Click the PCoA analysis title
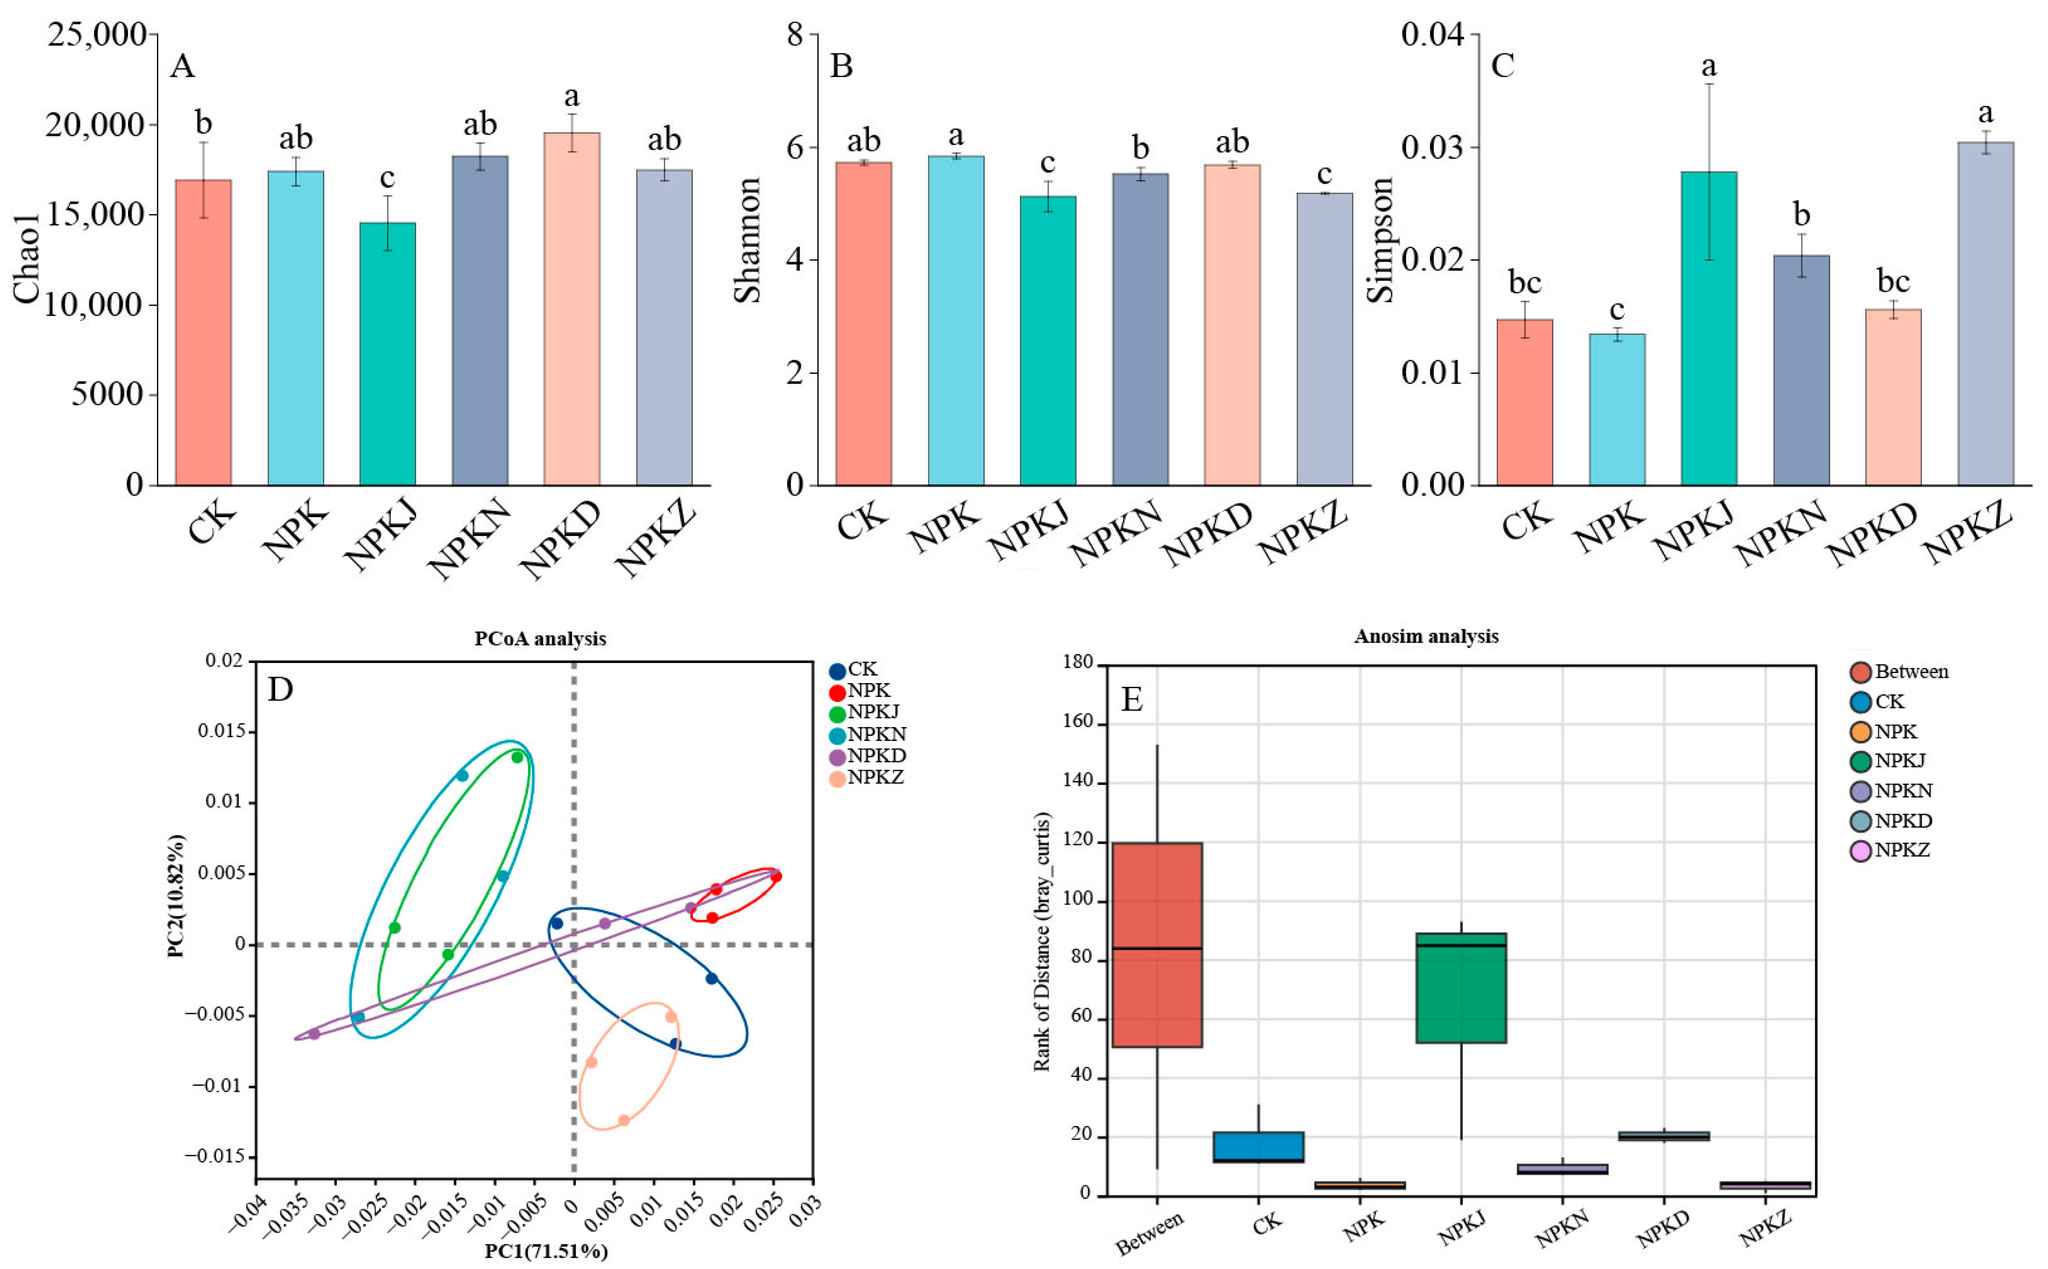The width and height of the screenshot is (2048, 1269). tap(540, 639)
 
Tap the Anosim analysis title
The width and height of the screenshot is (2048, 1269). tap(1426, 636)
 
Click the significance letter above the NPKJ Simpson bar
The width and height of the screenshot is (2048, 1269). tap(1708, 65)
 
